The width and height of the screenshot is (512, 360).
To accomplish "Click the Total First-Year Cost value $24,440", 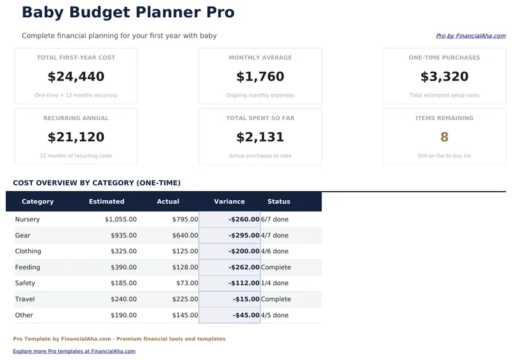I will pos(76,77).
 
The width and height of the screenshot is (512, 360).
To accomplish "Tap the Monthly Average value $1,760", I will pos(260,77).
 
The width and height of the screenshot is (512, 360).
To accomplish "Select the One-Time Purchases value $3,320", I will pos(444,77).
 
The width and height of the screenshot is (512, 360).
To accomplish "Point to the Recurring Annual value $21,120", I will pos(76,137).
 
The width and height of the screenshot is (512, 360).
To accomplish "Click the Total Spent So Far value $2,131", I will pos(260,137).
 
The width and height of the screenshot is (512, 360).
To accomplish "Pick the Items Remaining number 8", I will pos(444,137).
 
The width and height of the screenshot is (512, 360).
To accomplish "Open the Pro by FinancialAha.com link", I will pos(470,36).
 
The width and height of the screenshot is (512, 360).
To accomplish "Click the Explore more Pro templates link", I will pos(74,351).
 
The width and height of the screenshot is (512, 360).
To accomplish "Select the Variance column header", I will pos(229,201).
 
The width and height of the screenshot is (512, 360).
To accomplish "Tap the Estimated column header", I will pos(106,201).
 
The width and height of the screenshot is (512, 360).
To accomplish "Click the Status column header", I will pos(278,201).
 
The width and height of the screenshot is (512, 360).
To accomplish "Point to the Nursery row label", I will pos(28,219).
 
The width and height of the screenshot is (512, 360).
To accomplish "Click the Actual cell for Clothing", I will pos(185,251).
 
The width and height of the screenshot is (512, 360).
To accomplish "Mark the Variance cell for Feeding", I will pos(244,267).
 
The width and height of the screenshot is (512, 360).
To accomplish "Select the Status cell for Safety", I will pos(275,283).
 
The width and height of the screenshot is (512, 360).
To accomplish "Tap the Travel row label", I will pos(25,299).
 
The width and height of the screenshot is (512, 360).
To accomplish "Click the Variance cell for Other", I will pos(246,315).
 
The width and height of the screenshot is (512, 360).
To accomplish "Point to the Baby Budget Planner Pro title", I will pos(128,12).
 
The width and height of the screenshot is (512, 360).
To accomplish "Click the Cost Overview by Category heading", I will pos(97,183).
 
